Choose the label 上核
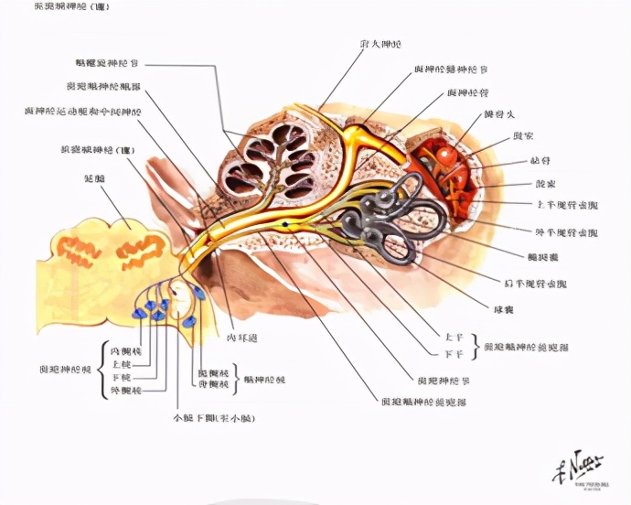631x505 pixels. click(120, 363)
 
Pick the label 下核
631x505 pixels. click(120, 377)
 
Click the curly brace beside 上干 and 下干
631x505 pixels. click(474, 345)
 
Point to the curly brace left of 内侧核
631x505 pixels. click(102, 370)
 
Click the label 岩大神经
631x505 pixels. click(380, 45)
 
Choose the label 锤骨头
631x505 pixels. click(498, 115)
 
